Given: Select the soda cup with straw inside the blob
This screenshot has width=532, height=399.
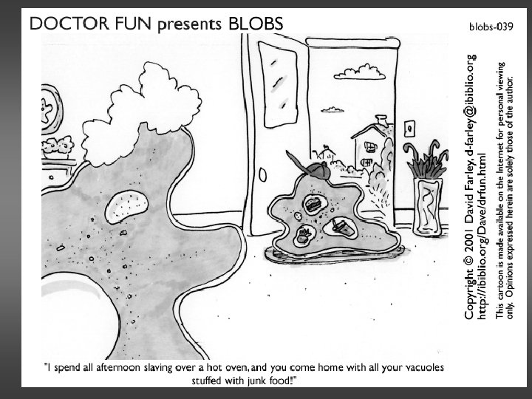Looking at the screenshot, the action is [341, 225].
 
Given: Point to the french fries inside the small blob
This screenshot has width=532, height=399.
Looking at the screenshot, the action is [304, 236].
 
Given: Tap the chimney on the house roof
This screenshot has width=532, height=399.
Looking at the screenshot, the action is [381, 120].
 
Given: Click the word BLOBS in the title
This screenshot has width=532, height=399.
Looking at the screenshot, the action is [256, 24].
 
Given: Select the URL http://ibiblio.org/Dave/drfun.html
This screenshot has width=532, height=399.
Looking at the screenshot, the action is [483, 236].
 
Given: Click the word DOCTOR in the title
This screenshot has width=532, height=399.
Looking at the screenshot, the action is [61, 24].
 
